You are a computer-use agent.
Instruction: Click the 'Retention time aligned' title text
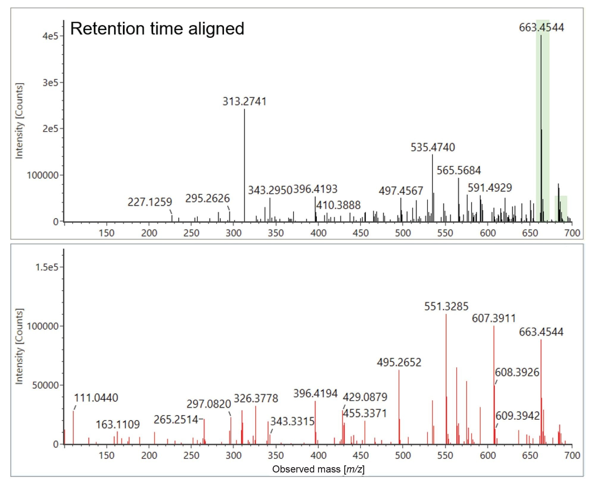pos(157,29)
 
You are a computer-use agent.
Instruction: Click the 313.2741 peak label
pos(244,102)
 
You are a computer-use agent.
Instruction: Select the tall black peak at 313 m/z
pos(245,164)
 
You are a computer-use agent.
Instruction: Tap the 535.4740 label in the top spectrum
pos(433,147)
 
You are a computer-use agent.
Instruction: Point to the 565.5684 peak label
pos(458,170)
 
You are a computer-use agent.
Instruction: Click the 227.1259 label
pos(150,202)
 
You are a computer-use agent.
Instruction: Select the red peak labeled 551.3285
pos(446,378)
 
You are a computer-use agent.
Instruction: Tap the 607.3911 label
pos(494,318)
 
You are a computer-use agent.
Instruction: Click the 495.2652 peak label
pos(399,363)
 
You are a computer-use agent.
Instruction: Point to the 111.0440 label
pos(96,398)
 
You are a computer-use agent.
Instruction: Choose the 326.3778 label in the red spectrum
pos(256,398)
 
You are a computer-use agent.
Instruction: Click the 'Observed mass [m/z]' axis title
pos(318,469)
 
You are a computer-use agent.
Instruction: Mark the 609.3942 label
pos(517,416)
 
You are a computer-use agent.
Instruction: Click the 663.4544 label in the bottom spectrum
pos(541,332)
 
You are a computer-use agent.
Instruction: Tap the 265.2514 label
pos(176,420)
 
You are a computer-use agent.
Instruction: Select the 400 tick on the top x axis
pos(318,233)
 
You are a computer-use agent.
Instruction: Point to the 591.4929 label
pos(490,188)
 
